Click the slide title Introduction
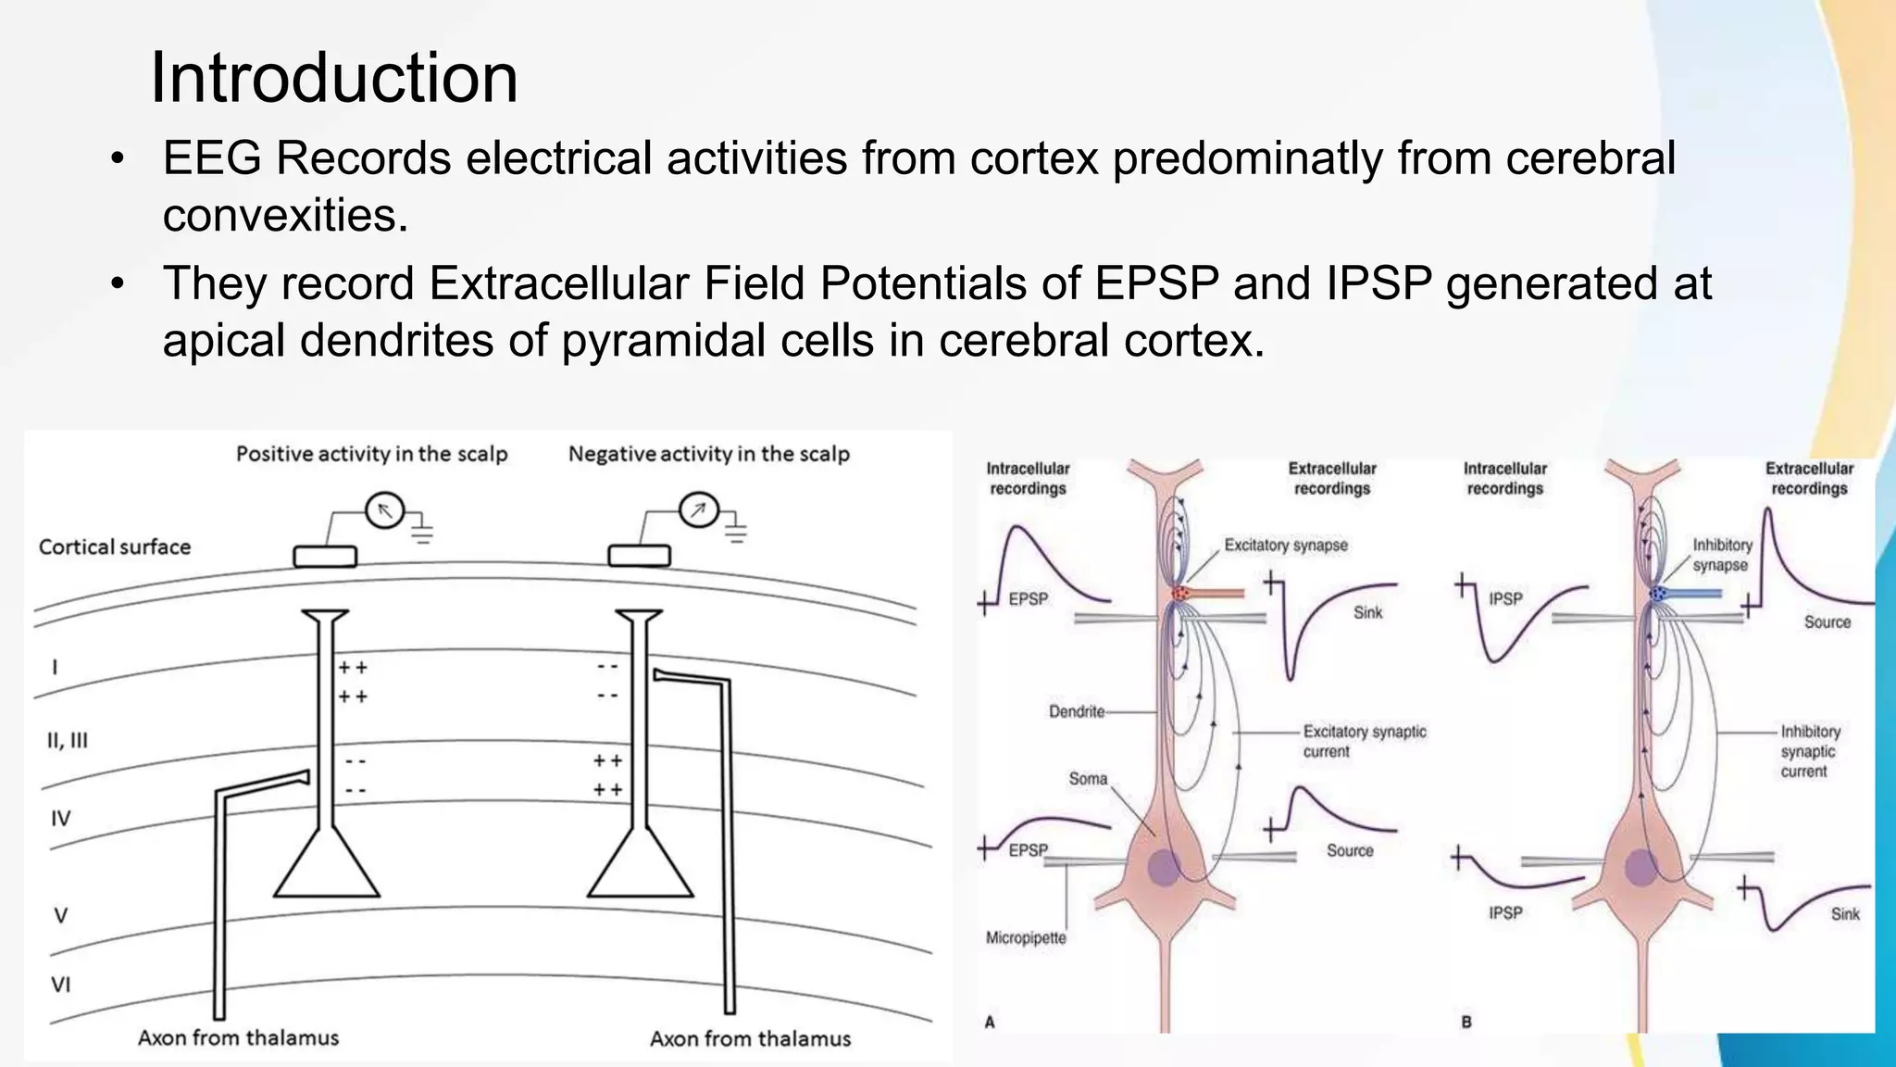[333, 78]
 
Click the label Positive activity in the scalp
[371, 454]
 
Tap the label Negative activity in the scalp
[708, 454]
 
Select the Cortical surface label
[115, 547]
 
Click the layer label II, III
[68, 740]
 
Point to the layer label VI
[60, 985]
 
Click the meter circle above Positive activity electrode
[385, 510]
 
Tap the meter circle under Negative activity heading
[699, 509]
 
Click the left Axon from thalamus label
[238, 1037]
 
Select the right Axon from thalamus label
[750, 1038]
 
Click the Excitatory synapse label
[1286, 546]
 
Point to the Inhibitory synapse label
[1722, 555]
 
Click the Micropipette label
[1026, 937]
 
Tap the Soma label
[1088, 779]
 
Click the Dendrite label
[1077, 711]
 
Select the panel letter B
[1466, 1023]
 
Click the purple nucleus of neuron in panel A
[1165, 868]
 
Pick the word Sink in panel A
[1367, 612]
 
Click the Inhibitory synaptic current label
[1810, 751]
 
